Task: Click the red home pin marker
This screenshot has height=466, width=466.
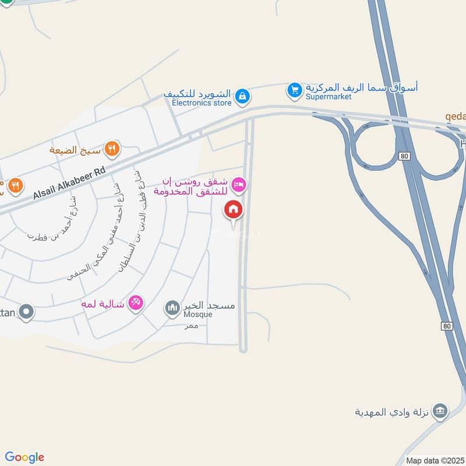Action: click(x=233, y=210)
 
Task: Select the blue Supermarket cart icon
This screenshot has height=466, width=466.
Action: click(x=295, y=90)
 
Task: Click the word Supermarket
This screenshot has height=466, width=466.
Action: click(x=329, y=97)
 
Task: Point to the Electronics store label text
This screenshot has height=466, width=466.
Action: click(x=201, y=103)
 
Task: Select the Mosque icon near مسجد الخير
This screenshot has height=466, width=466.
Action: click(x=172, y=307)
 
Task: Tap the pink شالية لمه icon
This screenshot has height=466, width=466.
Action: click(x=136, y=303)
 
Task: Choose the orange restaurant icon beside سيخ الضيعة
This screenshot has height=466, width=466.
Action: click(x=112, y=149)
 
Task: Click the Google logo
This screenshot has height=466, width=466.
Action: click(x=24, y=457)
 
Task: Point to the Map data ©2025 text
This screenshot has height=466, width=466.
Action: click(x=434, y=461)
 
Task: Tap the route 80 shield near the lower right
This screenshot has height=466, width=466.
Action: click(x=446, y=326)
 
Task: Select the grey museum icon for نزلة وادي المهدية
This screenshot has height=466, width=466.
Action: click(x=442, y=411)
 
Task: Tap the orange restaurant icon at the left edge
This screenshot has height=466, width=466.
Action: click(x=15, y=186)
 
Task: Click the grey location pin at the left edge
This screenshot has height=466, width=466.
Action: click(x=26, y=312)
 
